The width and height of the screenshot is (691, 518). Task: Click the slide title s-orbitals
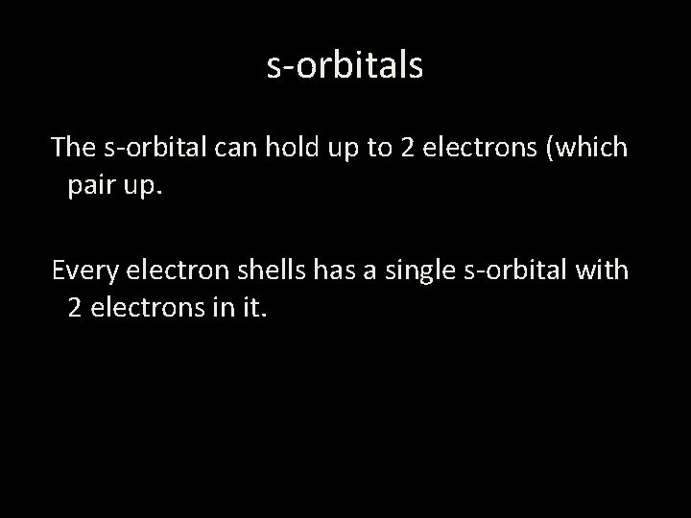tap(345, 65)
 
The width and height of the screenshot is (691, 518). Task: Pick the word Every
tap(83, 271)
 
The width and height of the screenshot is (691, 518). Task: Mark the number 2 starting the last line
tap(75, 307)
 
